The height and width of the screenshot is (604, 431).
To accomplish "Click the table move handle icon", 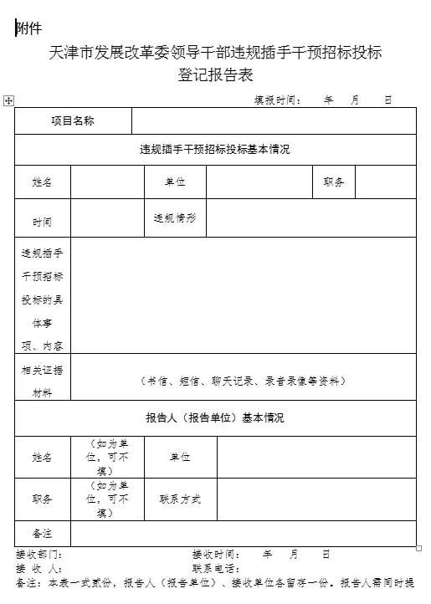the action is pyautogui.click(x=8, y=100).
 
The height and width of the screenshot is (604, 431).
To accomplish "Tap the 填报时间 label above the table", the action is pyautogui.click(x=278, y=100).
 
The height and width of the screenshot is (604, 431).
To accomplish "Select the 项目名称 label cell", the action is pyautogui.click(x=73, y=121).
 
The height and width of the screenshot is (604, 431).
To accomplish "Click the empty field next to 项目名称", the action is pyautogui.click(x=273, y=121).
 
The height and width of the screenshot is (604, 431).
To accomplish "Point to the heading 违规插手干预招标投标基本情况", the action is pyautogui.click(x=215, y=150).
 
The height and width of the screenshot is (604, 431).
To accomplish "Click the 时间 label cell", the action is pyautogui.click(x=43, y=223).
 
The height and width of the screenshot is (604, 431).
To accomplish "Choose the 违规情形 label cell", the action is pyautogui.click(x=174, y=218).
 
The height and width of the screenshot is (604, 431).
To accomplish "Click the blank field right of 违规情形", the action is pyautogui.click(x=310, y=218).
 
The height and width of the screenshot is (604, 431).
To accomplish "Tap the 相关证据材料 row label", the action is pyautogui.click(x=43, y=381).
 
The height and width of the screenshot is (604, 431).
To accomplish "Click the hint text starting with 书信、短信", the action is pyautogui.click(x=243, y=381).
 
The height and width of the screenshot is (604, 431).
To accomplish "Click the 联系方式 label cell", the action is pyautogui.click(x=180, y=499).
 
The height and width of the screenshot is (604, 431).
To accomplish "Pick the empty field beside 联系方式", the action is pyautogui.click(x=316, y=499).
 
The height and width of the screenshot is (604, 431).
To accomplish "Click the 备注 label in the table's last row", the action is pyautogui.click(x=43, y=533).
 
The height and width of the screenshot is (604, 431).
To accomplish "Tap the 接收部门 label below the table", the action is pyautogui.click(x=38, y=555).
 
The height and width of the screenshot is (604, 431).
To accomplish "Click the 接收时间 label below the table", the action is pyautogui.click(x=216, y=555).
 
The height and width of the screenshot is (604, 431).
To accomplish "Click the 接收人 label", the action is pyautogui.click(x=38, y=569).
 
